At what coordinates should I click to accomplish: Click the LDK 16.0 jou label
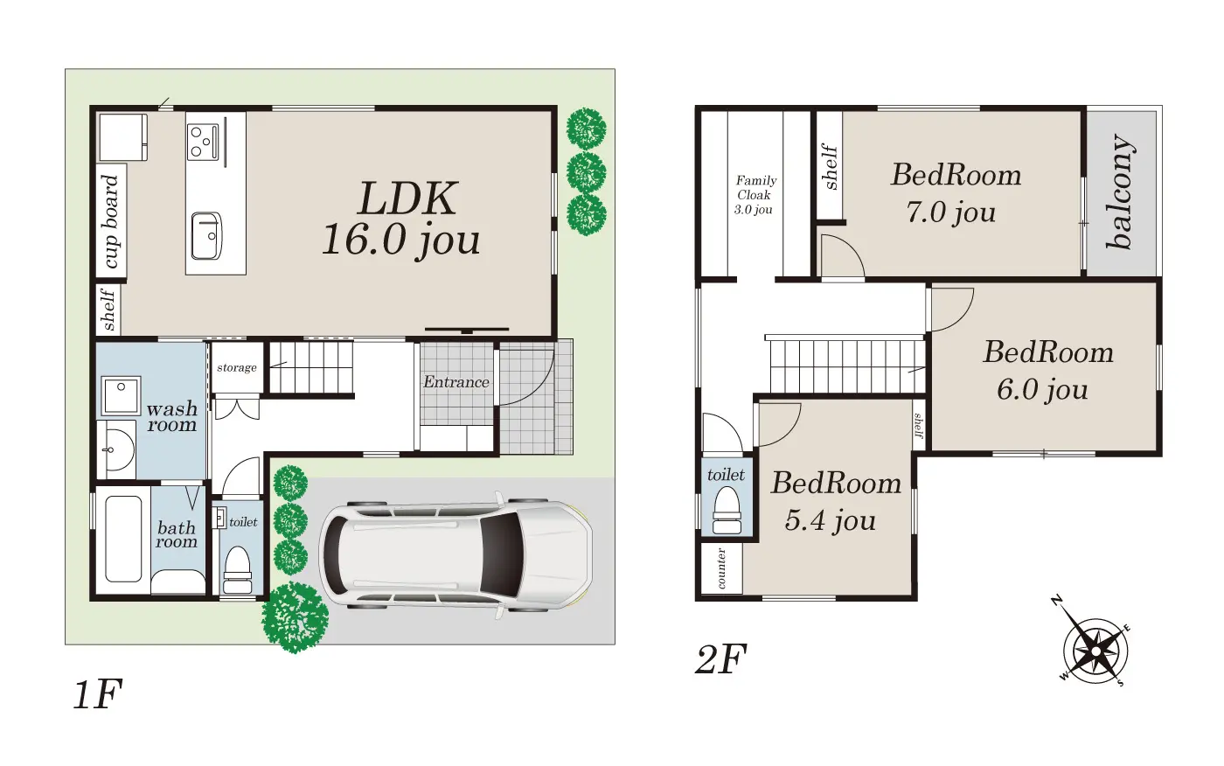[401, 219]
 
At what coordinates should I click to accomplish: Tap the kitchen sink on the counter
[206, 235]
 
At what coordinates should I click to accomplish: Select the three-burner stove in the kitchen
[203, 142]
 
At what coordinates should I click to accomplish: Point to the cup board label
[111, 221]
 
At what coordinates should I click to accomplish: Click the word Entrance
[456, 382]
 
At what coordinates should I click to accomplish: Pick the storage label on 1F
[237, 368]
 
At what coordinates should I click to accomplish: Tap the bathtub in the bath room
[123, 539]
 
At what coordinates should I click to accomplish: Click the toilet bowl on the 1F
[237, 570]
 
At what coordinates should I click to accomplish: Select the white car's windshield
[501, 554]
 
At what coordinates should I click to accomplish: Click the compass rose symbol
[1095, 651]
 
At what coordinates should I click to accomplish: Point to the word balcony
[1120, 191]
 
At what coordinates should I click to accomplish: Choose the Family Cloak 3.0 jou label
[755, 195]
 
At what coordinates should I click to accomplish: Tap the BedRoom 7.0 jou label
[956, 193]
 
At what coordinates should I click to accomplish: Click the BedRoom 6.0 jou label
[1048, 370]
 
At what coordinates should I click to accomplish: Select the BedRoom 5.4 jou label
[836, 501]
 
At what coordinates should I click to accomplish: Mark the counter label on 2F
[721, 568]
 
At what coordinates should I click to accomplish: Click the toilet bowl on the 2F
[727, 510]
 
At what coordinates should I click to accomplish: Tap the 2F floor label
[720, 659]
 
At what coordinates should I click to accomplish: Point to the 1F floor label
[97, 694]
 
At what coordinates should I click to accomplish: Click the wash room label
[171, 416]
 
